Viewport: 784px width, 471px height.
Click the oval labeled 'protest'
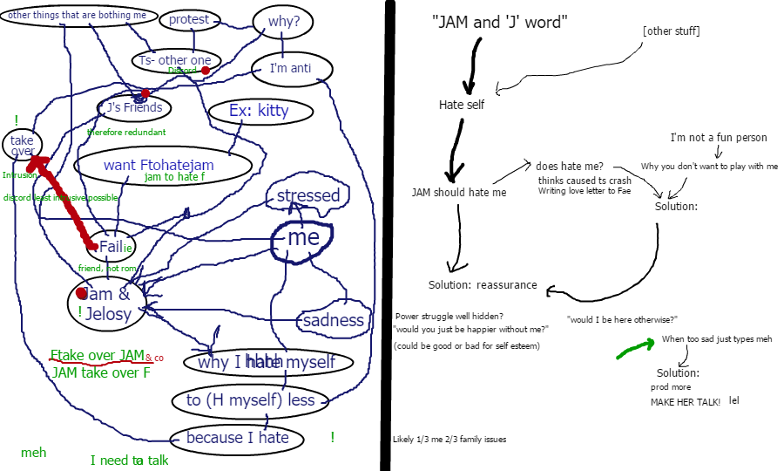[189, 20]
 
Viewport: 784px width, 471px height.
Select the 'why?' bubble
[284, 22]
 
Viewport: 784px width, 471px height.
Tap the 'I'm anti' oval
[290, 68]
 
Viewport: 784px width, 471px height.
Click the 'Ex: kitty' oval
[258, 112]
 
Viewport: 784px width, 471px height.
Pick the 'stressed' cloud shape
[308, 196]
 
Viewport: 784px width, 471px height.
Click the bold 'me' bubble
[301, 238]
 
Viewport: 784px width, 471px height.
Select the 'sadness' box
[333, 320]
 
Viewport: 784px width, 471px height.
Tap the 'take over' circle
[22, 146]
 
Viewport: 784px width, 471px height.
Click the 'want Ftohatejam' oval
[164, 166]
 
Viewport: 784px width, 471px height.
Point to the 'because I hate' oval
[237, 438]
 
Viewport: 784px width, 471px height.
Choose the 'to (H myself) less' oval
[250, 400]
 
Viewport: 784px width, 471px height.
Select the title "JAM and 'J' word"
[499, 24]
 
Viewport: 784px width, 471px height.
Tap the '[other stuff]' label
[671, 31]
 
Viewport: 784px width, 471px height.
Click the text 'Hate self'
[461, 105]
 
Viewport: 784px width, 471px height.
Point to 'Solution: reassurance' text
[483, 286]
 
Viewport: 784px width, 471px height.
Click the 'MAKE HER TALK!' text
[686, 402]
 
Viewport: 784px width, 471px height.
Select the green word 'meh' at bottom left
[34, 453]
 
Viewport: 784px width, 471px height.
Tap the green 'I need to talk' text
[129, 460]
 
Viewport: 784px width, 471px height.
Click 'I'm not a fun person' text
[718, 138]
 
